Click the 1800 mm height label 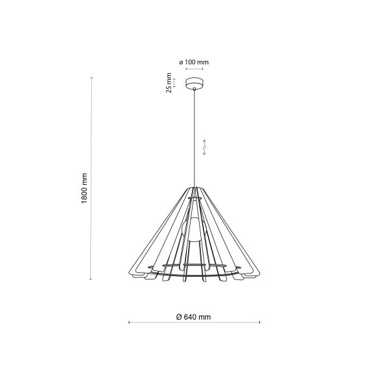tap(84, 188)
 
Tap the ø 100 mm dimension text tap(194, 62)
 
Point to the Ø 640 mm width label tap(193, 317)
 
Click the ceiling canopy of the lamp tap(194, 84)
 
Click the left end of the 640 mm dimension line tap(129, 322)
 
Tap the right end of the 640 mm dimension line tap(261, 322)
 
